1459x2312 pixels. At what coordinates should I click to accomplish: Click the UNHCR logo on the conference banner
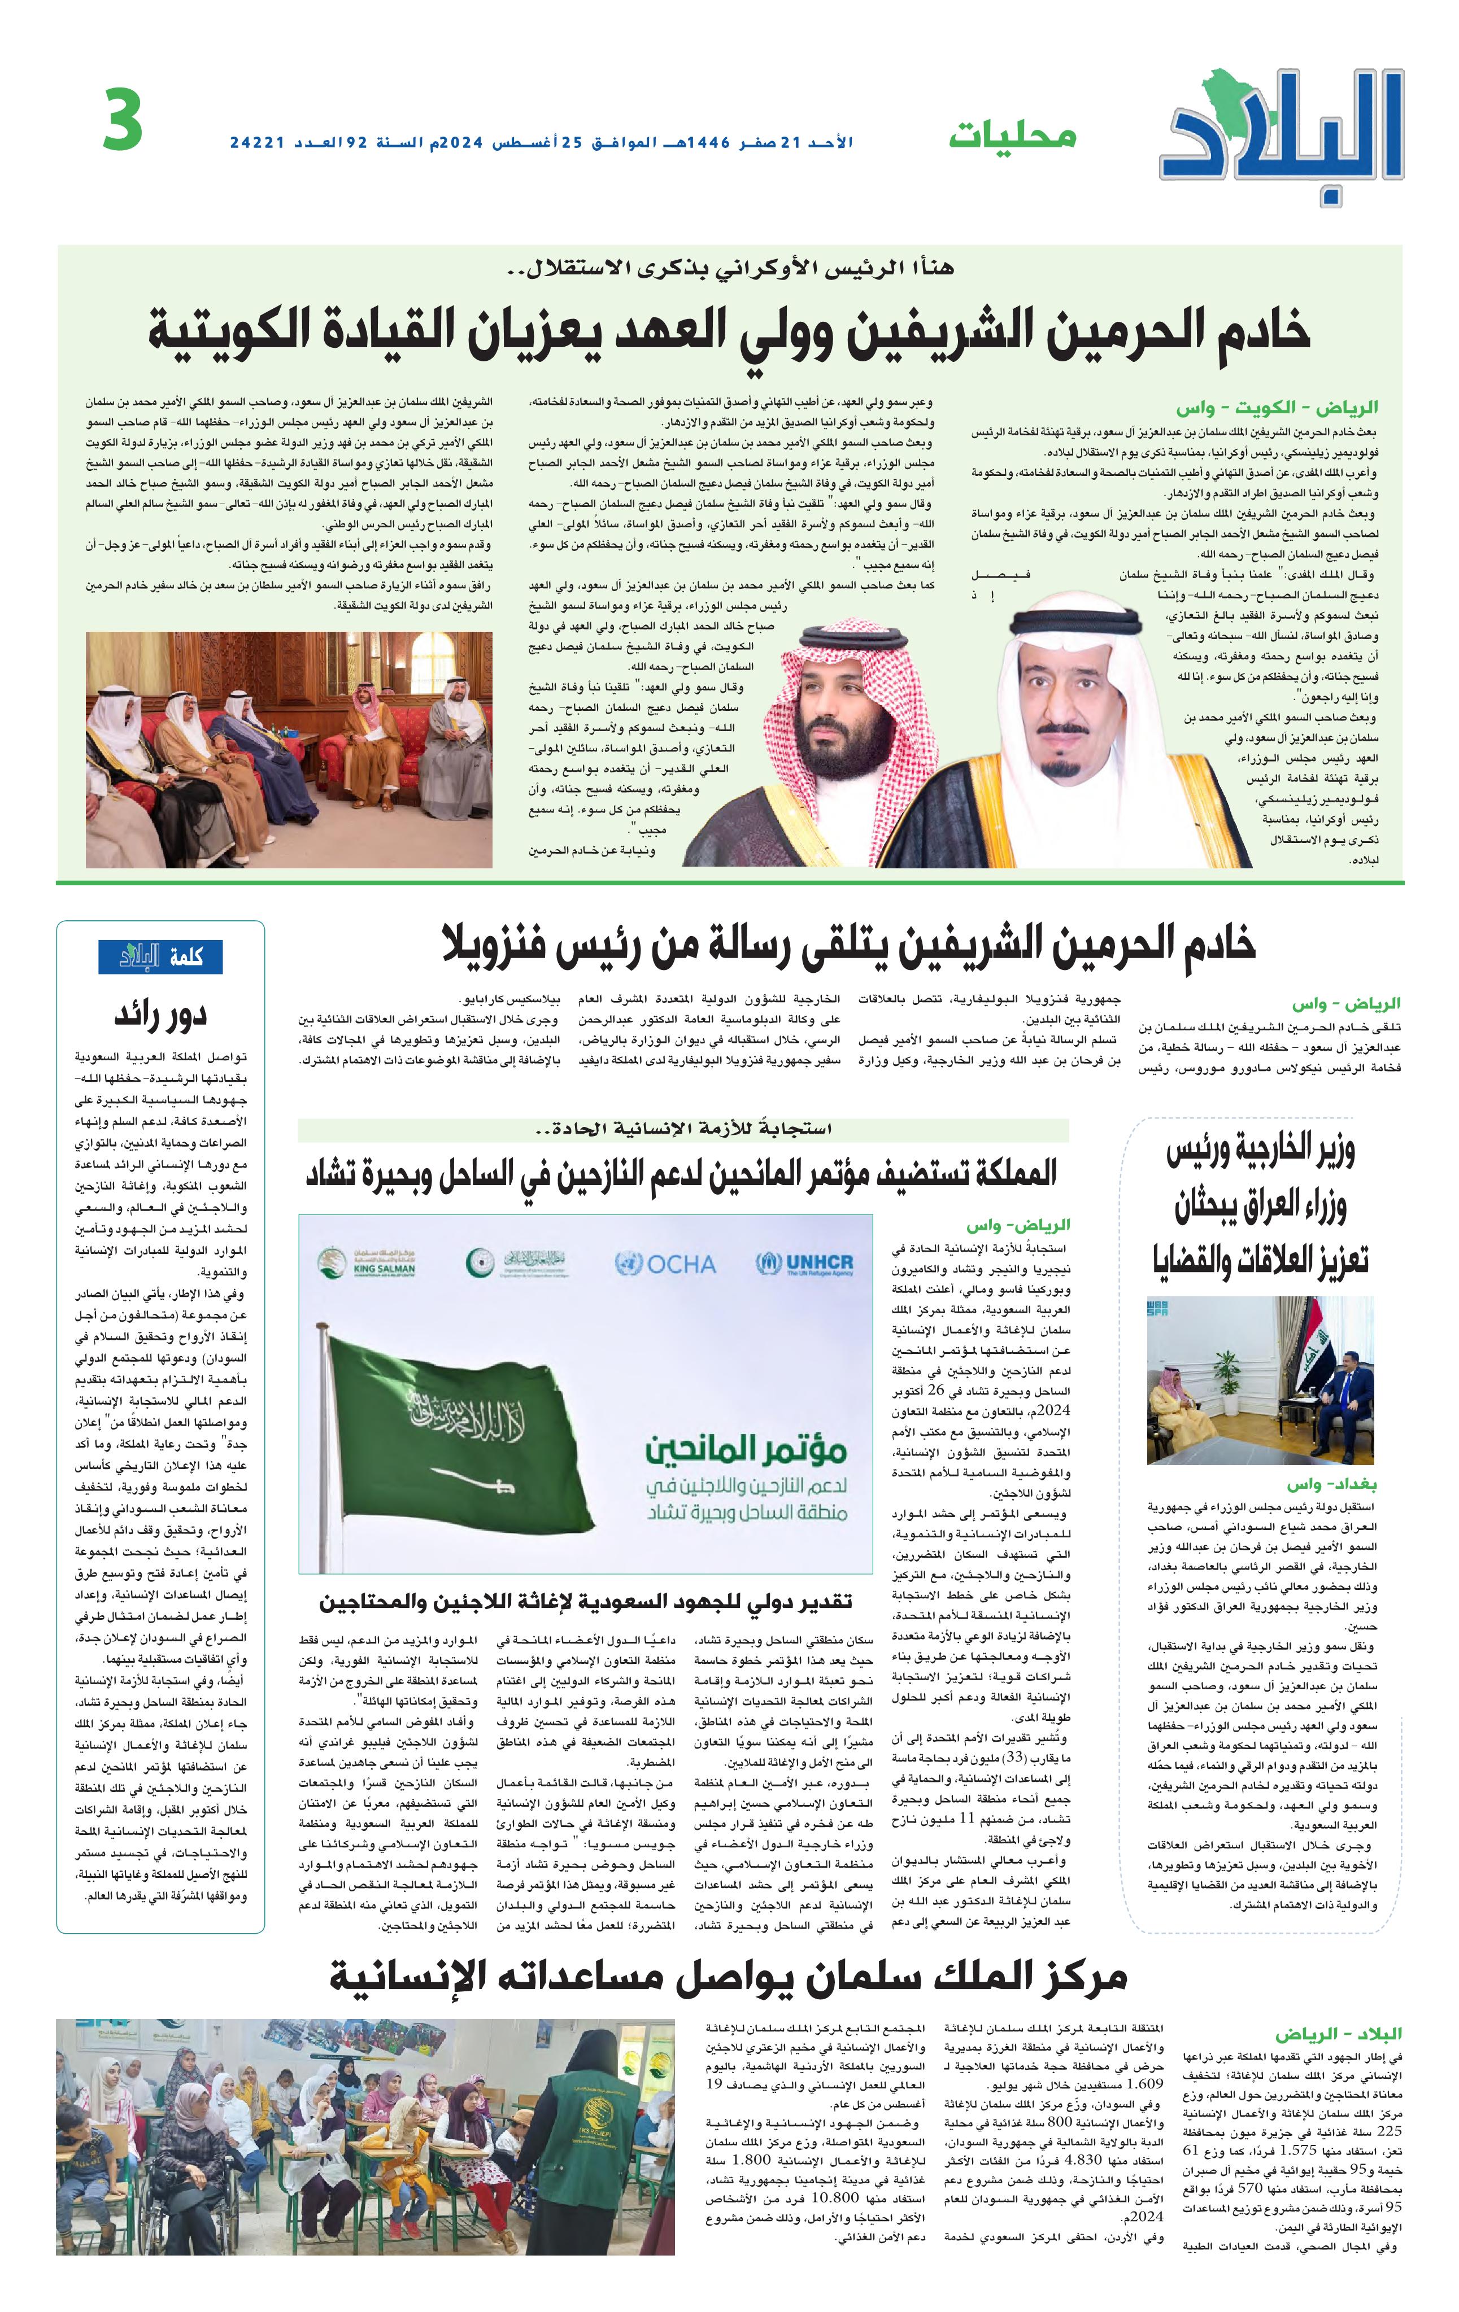coord(805,1264)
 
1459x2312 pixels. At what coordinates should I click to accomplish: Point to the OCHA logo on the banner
coord(665,1264)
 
